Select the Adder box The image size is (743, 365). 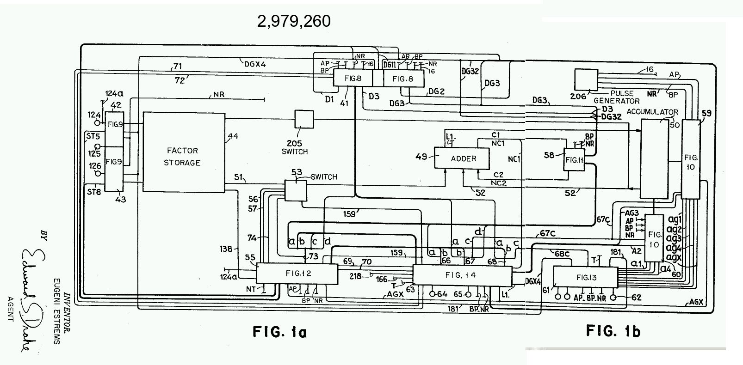pyautogui.click(x=463, y=158)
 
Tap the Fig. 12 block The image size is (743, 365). pyautogui.click(x=297, y=273)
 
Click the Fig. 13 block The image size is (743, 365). pyautogui.click(x=586, y=278)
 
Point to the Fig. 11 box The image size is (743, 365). pyautogui.click(x=574, y=159)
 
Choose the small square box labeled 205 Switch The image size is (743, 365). pyautogui.click(x=304, y=119)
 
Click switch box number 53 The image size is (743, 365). pyautogui.click(x=295, y=190)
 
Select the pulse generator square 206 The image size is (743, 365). pyautogui.click(x=586, y=79)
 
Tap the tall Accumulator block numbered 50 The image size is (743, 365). pyautogui.click(x=654, y=158)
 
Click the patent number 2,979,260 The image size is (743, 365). pyautogui.click(x=294, y=21)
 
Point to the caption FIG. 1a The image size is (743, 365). pyautogui.click(x=279, y=331)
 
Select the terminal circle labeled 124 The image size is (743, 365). pyautogui.click(x=97, y=122)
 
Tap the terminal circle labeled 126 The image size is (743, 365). pyautogui.click(x=97, y=173)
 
